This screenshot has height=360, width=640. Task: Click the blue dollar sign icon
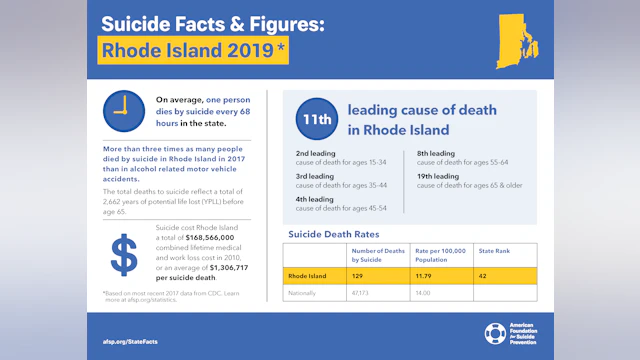pyautogui.click(x=124, y=255)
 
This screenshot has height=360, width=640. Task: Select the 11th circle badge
pyautogui.click(x=314, y=120)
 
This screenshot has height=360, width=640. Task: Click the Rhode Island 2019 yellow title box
pyautogui.click(x=193, y=49)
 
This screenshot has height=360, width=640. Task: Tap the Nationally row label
pyautogui.click(x=302, y=293)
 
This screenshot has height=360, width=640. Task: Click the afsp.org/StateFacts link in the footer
pyautogui.click(x=130, y=341)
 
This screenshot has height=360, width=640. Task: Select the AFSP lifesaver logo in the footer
pyautogui.click(x=495, y=333)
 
